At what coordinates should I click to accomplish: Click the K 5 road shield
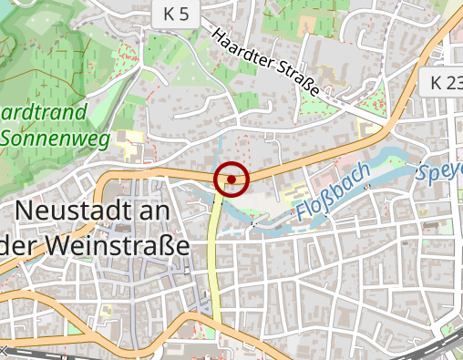(176, 14)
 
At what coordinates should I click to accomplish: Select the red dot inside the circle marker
(231, 180)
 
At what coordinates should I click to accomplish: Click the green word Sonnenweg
(56, 139)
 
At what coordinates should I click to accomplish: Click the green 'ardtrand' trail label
(44, 113)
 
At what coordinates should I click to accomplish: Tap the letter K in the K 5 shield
(170, 14)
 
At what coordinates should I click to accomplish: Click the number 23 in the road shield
(453, 83)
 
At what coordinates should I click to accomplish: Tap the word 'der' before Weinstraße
(18, 246)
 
